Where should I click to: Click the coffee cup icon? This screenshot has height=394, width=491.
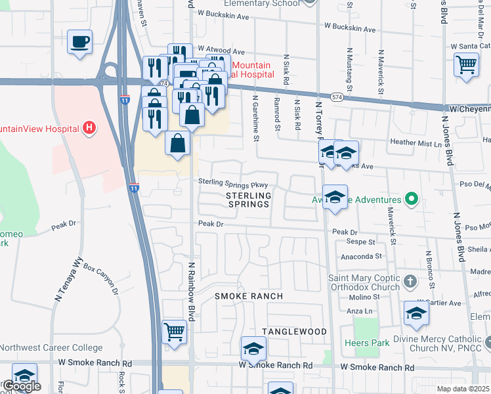79,43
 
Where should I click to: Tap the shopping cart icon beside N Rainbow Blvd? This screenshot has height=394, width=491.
174,331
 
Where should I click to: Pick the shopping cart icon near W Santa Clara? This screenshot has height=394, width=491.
466,64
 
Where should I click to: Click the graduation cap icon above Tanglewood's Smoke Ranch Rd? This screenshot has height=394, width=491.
253,348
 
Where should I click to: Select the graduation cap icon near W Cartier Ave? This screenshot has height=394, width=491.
416,313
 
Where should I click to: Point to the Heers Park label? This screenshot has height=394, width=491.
364,343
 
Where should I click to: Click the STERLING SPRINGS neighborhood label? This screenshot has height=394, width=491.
248,200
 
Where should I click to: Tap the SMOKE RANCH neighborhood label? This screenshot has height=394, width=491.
249,296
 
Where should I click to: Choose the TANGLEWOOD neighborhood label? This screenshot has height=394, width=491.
295,332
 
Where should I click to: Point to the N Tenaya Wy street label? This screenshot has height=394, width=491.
68,281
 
